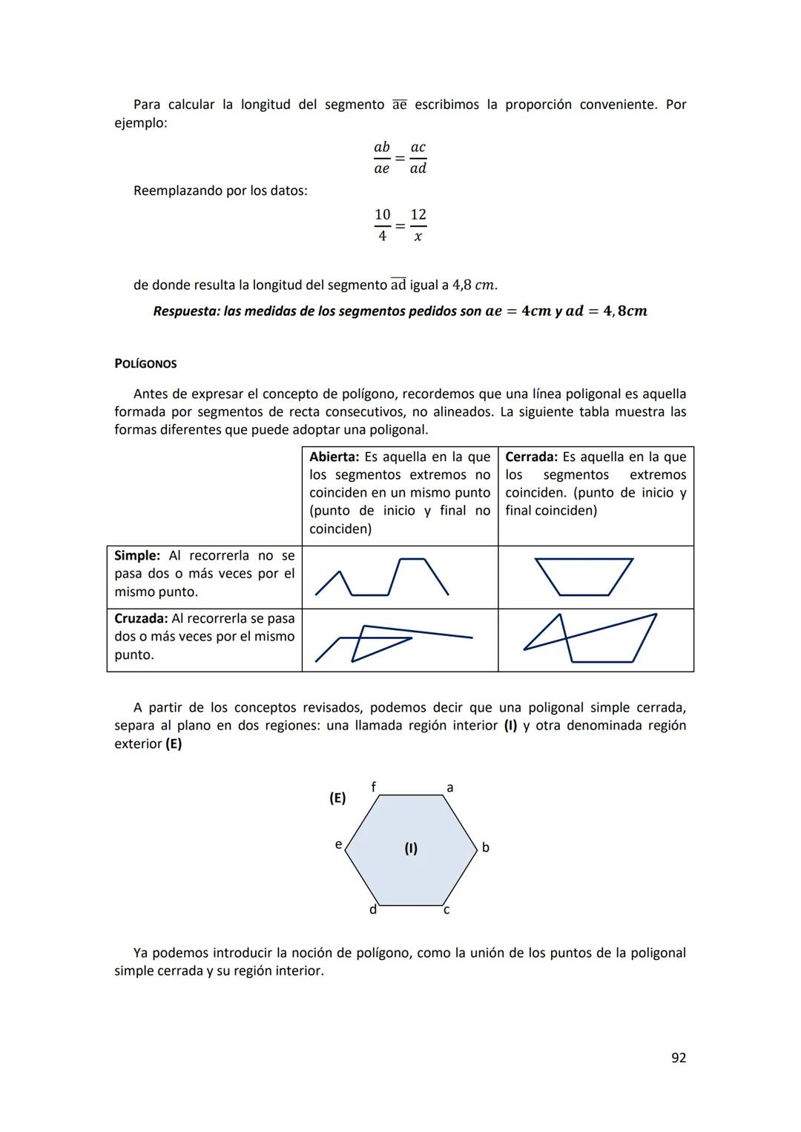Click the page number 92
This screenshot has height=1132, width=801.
tap(678, 1058)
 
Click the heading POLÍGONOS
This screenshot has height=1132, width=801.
tap(145, 364)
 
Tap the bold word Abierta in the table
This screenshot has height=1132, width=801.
tap(334, 457)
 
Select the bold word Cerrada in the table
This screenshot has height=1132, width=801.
tap(531, 457)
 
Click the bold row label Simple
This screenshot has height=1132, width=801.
tap(136, 556)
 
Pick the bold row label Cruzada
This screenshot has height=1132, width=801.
tap(141, 619)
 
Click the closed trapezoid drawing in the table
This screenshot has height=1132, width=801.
tap(584, 577)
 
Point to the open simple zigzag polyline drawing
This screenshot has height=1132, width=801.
tap(381, 577)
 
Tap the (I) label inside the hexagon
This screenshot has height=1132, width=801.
tap(411, 848)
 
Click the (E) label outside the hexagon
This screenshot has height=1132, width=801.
tap(337, 798)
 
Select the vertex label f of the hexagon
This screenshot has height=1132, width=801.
tap(373, 786)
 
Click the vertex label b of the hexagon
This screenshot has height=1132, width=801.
tap(486, 847)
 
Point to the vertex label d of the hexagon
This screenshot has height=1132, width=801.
tap(373, 910)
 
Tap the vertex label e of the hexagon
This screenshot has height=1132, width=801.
tap(338, 844)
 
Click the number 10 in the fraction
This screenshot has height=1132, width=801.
tap(382, 215)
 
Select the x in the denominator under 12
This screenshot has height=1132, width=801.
tap(418, 236)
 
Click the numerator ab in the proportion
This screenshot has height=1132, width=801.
tap(382, 148)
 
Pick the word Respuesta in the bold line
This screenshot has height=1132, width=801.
tap(185, 311)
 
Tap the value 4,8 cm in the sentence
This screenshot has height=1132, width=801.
tap(474, 285)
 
